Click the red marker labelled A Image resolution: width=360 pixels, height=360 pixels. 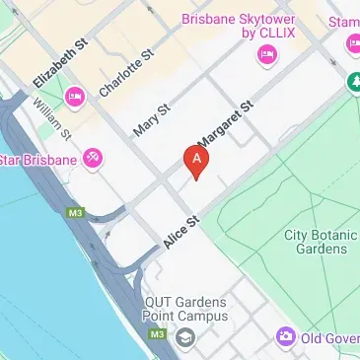click(x=198, y=159)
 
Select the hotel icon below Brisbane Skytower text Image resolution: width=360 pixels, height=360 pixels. click(x=264, y=55)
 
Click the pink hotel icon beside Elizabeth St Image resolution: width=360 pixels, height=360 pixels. click(x=75, y=96)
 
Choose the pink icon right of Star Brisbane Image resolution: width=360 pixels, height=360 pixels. click(x=93, y=157)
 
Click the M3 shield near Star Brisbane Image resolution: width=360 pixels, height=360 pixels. click(x=76, y=212)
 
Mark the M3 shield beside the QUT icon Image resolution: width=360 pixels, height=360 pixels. click(x=157, y=335)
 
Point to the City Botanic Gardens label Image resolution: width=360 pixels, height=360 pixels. click(x=316, y=242)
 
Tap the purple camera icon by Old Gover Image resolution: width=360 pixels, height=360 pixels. click(x=286, y=337)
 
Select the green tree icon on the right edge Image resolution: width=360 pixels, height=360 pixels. click(x=352, y=84)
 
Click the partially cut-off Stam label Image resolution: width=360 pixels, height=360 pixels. click(x=344, y=22)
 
